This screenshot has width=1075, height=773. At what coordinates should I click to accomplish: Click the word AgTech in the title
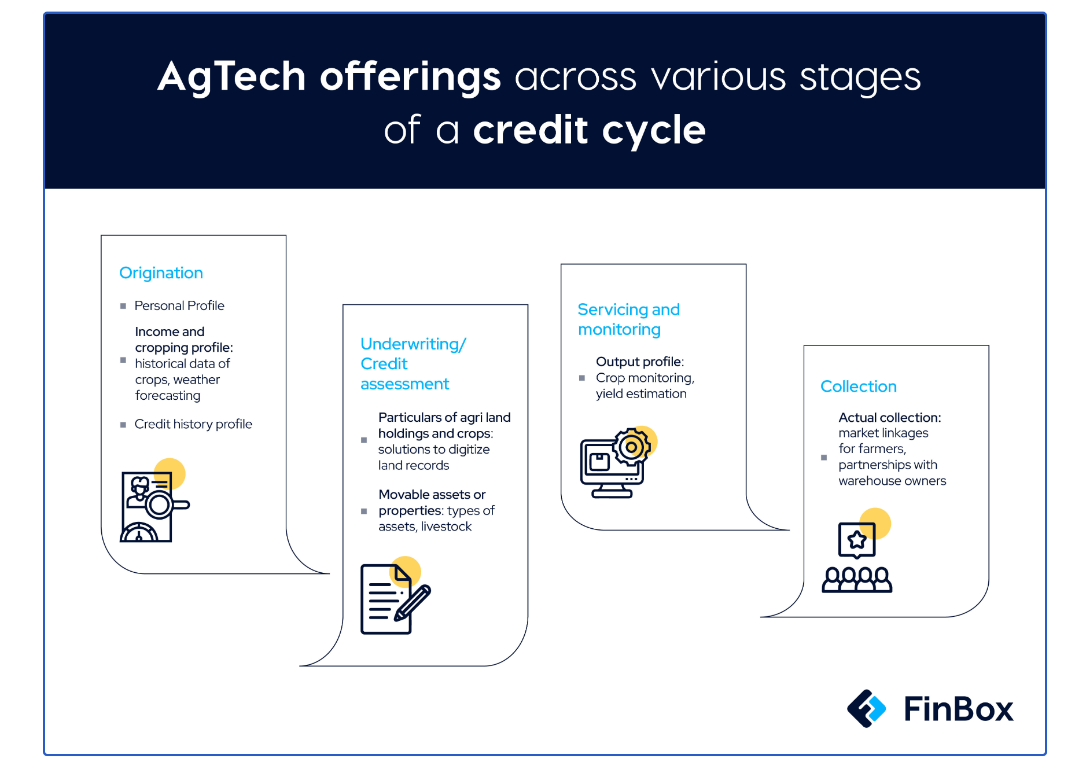(231, 77)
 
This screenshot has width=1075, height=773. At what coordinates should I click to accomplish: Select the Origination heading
(161, 273)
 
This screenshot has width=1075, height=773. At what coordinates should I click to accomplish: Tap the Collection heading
(859, 387)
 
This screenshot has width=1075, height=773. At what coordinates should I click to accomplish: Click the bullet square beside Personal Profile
(123, 306)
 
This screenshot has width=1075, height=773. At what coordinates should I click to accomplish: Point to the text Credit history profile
(193, 424)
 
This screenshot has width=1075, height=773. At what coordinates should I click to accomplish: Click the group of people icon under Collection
(857, 579)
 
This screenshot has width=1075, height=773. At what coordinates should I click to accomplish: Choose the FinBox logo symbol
(866, 708)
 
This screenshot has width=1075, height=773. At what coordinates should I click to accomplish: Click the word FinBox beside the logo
(958, 709)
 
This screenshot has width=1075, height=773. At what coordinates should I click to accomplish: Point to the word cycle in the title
(654, 131)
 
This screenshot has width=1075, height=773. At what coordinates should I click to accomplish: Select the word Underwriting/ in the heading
(413, 344)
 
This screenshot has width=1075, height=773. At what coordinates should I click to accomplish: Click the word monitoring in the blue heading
(619, 330)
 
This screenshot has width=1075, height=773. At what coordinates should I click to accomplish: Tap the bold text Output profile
(639, 362)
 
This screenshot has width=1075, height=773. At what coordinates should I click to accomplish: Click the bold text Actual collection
(889, 418)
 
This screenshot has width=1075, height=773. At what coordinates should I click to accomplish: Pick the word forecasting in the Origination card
(168, 396)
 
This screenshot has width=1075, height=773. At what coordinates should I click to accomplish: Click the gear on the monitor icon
(632, 447)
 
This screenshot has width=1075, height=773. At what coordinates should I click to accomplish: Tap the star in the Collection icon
(857, 540)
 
